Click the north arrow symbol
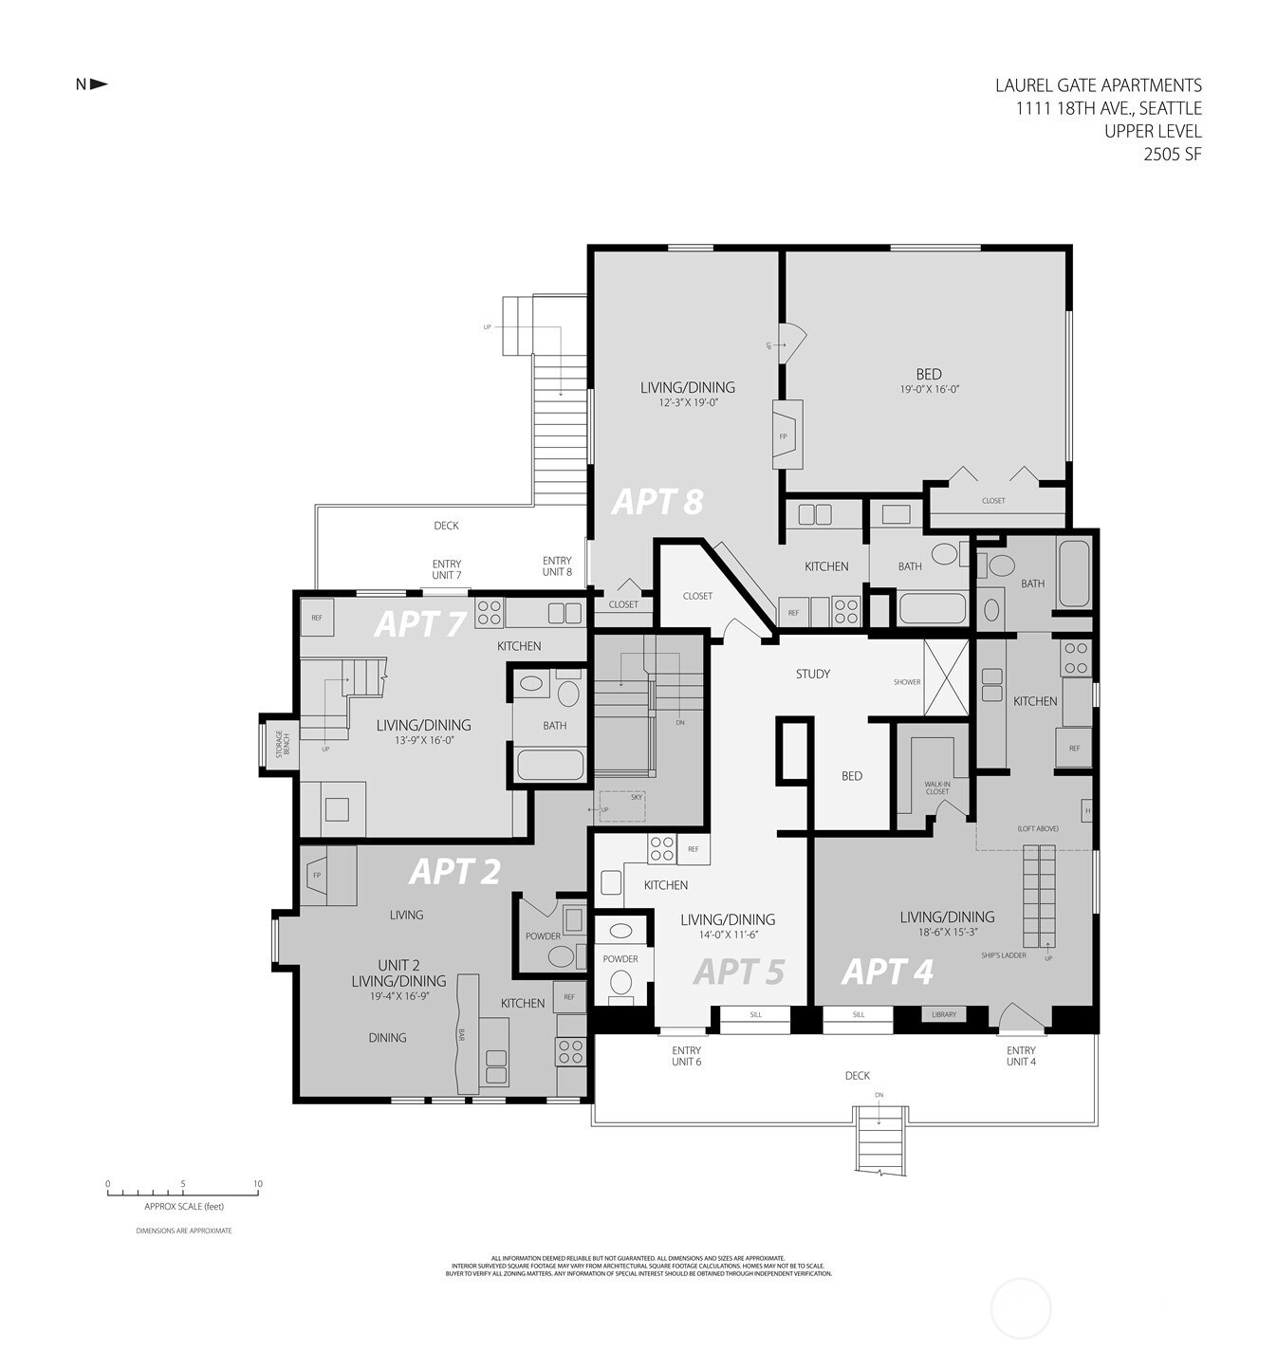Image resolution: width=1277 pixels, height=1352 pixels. tap(98, 84)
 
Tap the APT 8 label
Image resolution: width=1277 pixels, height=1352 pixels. tap(657, 501)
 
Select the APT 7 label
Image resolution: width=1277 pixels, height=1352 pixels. tap(420, 623)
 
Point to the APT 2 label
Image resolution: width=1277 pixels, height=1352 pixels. tap(453, 871)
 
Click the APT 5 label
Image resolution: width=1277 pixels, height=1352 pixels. tap(738, 972)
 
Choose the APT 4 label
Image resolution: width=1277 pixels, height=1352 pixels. tap(887, 972)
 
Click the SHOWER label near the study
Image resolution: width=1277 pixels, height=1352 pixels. tap(906, 682)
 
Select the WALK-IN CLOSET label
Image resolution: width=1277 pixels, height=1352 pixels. tap(936, 787)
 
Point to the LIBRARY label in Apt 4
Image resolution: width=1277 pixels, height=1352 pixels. tap(943, 1014)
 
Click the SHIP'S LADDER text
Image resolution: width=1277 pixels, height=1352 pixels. tap(1004, 955)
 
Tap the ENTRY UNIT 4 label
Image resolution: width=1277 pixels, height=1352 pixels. tap(1021, 1056)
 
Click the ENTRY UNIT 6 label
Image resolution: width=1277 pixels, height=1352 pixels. tap(686, 1056)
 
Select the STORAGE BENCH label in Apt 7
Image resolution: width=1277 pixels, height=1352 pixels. tap(280, 743)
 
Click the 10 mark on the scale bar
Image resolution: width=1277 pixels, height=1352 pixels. tap(257, 1184)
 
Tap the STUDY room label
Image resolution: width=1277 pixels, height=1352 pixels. tap(812, 674)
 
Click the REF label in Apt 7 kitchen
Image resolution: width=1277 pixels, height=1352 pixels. tap(317, 618)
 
